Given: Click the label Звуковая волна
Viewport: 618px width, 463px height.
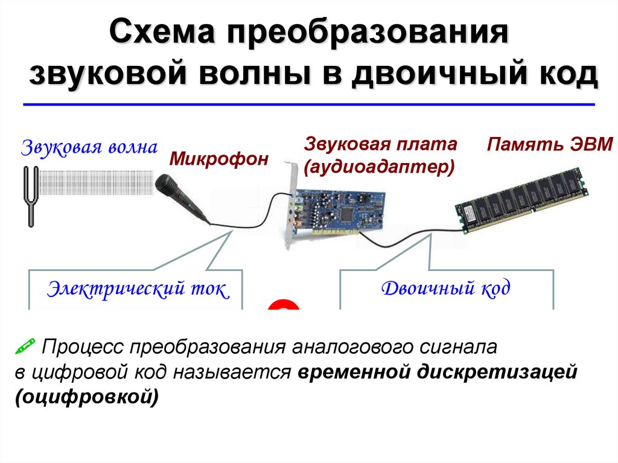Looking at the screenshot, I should click(91, 147).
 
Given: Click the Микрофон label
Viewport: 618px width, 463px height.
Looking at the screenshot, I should click(218, 159).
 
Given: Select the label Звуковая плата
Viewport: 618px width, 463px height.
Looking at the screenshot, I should click(381, 145).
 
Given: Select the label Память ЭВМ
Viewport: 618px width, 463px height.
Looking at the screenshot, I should click(550, 145).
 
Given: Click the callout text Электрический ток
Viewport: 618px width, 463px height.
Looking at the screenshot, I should click(138, 289).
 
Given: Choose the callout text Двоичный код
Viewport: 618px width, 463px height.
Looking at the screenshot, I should click(446, 288).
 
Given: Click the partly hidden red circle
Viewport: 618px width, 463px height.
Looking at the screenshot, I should click(284, 305).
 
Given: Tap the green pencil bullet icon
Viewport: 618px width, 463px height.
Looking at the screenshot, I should click(25, 346).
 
